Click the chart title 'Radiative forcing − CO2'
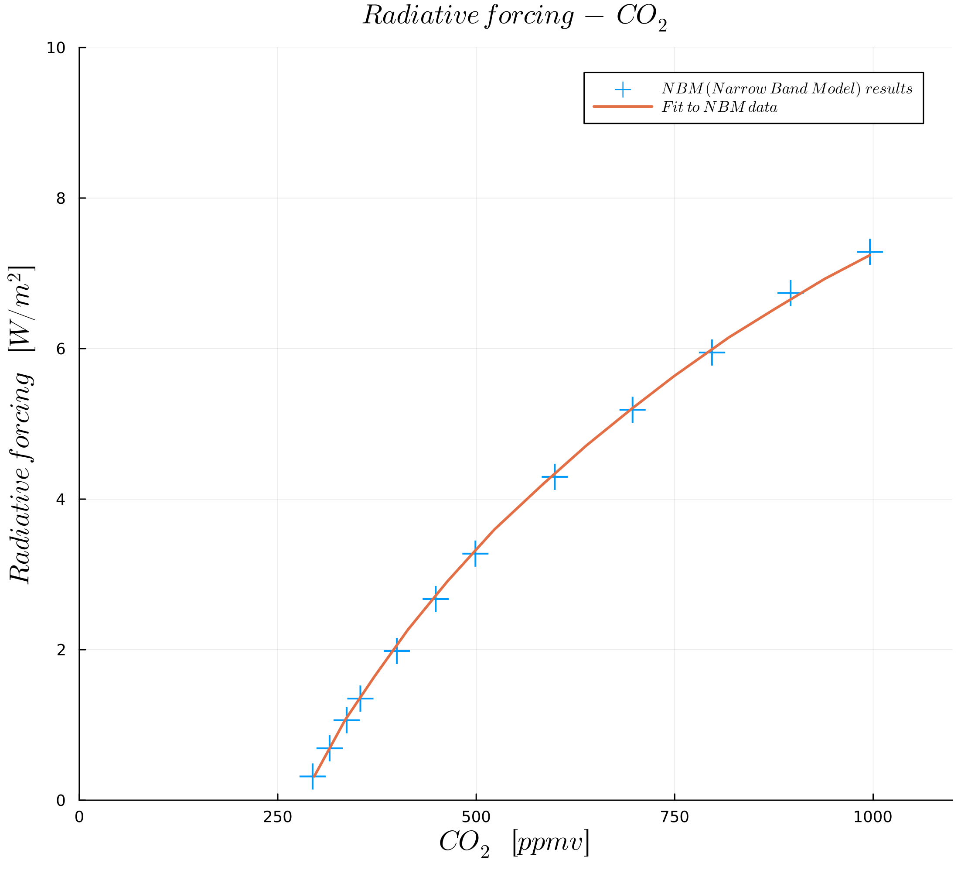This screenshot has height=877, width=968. (x=514, y=17)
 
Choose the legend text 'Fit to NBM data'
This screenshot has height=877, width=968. (x=719, y=107)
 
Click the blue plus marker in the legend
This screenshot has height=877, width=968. (x=623, y=89)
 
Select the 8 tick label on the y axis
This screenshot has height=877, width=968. (x=61, y=199)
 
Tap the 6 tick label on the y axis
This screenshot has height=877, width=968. (x=61, y=349)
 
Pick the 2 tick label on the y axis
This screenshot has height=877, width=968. (x=61, y=650)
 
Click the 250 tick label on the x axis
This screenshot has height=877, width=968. (x=277, y=817)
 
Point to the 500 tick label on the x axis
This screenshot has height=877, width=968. (x=476, y=817)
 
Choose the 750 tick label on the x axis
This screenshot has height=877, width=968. (x=675, y=817)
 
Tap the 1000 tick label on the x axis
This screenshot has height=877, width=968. (x=873, y=817)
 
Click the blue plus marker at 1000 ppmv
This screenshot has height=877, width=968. (x=869, y=252)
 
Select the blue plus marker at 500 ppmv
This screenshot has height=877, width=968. (x=475, y=554)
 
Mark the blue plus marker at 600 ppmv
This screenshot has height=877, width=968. (x=555, y=477)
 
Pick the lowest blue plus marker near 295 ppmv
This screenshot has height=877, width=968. (x=313, y=776)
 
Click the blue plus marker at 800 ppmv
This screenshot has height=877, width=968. (x=712, y=353)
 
